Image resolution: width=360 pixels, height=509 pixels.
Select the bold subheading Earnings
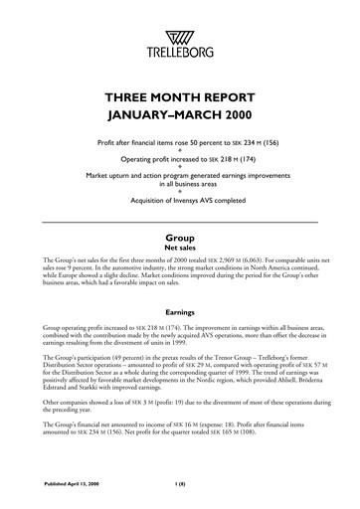tap(179, 310)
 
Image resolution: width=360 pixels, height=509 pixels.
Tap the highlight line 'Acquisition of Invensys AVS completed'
tap(179, 199)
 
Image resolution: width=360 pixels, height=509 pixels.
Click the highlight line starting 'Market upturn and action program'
tap(179, 174)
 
